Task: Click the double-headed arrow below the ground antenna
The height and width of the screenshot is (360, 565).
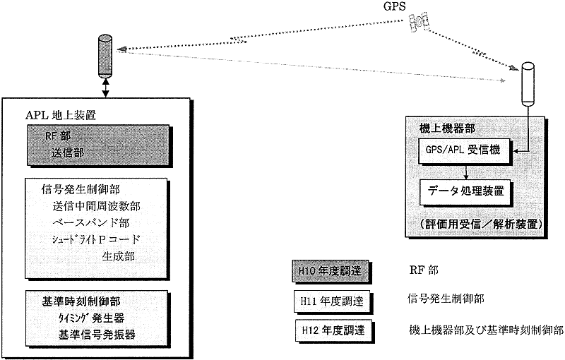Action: click(106, 88)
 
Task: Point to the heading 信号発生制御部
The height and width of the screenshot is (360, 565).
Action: click(79, 190)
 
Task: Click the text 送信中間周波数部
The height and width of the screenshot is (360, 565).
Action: click(95, 206)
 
